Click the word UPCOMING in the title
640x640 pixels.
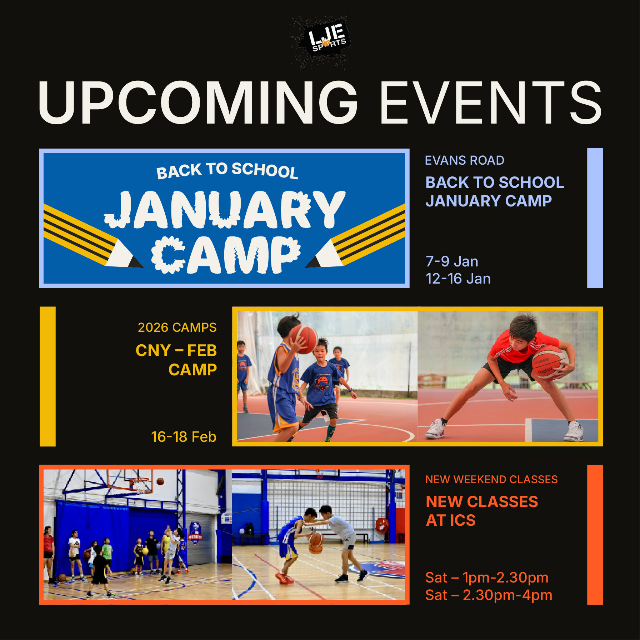coord(198,102)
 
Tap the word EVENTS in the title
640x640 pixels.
coord(491,102)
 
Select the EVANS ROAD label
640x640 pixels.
coord(464,160)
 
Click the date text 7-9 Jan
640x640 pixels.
coord(452,261)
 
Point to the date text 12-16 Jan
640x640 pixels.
coord(458,279)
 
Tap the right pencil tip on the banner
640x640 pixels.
coord(312,263)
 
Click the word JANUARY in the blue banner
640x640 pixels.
coord(225,210)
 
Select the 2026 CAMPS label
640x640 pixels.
coord(177,327)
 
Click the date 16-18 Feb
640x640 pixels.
coord(184,437)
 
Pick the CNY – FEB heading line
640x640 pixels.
coord(176,350)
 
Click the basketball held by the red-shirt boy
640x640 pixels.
coord(547,363)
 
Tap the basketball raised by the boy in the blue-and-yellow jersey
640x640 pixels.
coord(305,339)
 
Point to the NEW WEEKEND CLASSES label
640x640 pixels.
coord(491,479)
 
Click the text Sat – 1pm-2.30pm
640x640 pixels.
coord(487,577)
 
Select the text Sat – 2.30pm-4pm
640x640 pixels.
coord(489,595)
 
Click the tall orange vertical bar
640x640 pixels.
coord(595,535)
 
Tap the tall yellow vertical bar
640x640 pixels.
coord(47,376)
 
